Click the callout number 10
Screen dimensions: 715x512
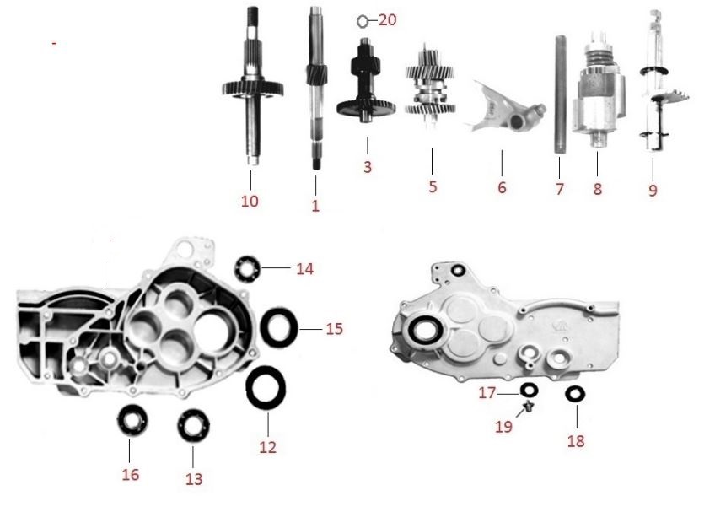[250, 201]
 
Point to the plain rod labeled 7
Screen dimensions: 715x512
[560, 94]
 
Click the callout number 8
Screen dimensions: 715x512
[597, 188]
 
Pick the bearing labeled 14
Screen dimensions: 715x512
[248, 268]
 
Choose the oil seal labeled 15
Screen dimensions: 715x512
[279, 326]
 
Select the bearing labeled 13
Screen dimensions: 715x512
[193, 426]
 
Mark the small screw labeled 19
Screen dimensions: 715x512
[528, 406]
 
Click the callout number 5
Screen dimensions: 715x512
[433, 186]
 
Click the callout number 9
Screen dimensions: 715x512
[653, 190]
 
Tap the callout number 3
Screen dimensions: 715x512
[368, 166]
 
